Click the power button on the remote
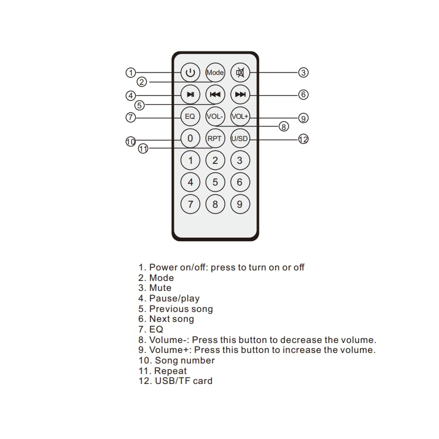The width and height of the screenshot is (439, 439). coord(190,73)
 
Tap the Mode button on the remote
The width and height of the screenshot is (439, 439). coord(215,73)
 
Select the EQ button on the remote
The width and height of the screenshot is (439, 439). coord(190,116)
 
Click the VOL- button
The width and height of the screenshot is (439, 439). coord(215,116)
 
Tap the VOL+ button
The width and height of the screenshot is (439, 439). coord(240,116)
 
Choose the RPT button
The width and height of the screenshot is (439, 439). coord(215,139)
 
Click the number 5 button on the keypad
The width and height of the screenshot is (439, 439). coord(215,182)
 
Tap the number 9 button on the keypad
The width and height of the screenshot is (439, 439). coord(240,204)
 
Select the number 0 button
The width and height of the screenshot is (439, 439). coord(190,139)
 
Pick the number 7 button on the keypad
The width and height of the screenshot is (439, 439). coord(190,204)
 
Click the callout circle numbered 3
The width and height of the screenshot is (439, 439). coord(303,73)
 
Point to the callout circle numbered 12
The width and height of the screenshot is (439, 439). coord(303,139)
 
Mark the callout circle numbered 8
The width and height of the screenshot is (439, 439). coord(284,126)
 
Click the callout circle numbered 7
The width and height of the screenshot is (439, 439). coord(131,117)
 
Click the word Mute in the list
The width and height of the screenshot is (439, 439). coord(160,288)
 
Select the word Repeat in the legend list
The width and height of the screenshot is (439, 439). coord(170,371)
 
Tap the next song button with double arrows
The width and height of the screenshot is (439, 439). coord(240,94)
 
